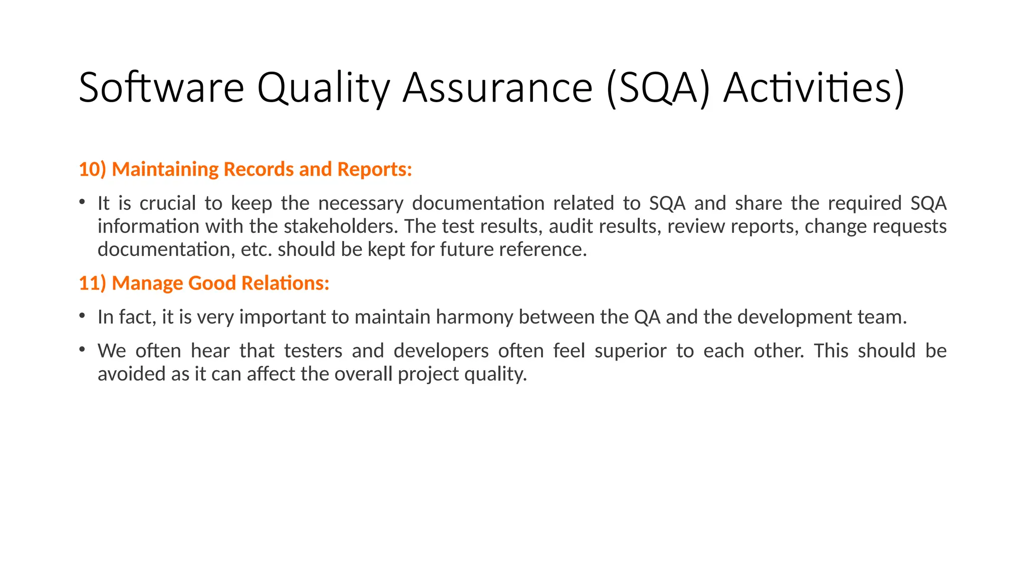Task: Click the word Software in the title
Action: click(161, 88)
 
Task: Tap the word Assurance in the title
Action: click(497, 88)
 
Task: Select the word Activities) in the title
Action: click(814, 88)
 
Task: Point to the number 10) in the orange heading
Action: click(93, 169)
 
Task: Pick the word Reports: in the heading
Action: click(374, 169)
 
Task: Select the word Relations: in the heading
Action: click(285, 283)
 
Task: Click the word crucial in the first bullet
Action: click(167, 203)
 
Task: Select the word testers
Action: click(313, 351)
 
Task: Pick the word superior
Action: click(630, 351)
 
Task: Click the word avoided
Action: click(132, 374)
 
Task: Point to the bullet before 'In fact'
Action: click(82, 316)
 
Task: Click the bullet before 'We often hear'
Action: click(82, 349)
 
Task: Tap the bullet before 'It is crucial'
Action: click(82, 202)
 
